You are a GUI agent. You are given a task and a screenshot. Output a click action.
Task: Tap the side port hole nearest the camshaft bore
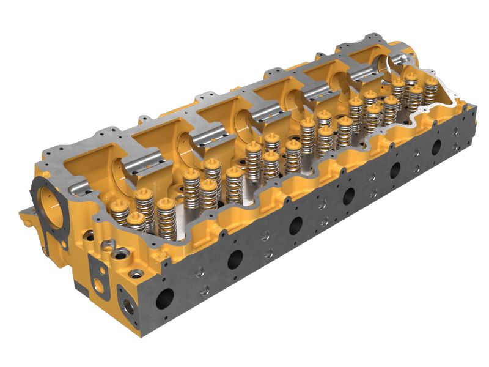click(164, 298)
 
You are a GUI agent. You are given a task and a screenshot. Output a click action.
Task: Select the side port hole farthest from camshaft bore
click(436, 147)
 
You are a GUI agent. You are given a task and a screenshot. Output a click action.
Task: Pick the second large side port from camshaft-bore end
click(235, 259)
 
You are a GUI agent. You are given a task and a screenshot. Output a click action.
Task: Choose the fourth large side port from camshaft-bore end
click(348, 196)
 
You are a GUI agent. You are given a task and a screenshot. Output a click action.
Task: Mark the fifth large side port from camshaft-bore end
click(395, 169)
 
